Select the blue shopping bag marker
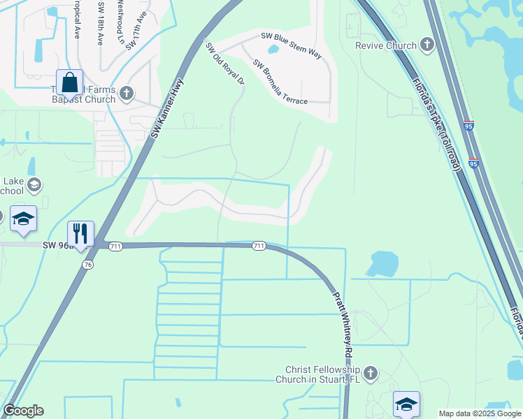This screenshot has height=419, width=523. (x=70, y=83)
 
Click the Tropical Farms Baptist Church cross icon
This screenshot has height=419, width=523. (x=127, y=92)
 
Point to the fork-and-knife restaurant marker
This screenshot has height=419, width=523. (x=80, y=234)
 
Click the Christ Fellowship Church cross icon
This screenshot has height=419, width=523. (x=371, y=374)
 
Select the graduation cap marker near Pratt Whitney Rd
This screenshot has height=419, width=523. (x=406, y=404)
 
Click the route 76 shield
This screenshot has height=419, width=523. (x=88, y=265)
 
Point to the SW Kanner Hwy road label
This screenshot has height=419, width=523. (x=167, y=108)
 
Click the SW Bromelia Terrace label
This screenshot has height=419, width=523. (x=280, y=81)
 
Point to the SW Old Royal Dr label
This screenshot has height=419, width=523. (x=225, y=63)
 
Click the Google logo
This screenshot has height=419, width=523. (x=23, y=411)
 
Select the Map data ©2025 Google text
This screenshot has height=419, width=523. (x=480, y=413)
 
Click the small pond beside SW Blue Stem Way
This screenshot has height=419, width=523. (x=274, y=48)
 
